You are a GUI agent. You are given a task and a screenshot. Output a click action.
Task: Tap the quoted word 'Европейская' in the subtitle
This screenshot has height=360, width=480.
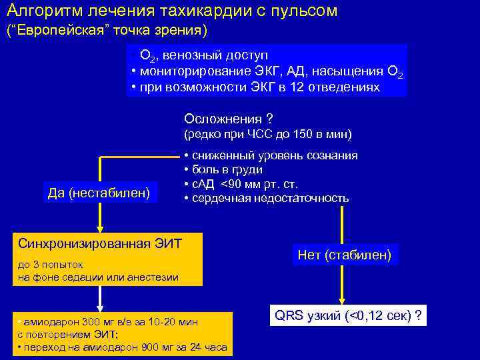pos(60,31)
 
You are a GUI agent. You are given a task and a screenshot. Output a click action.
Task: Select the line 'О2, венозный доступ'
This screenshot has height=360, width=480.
pos(203,55)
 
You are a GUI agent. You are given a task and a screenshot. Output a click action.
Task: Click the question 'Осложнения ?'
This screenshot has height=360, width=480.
pos(229,119)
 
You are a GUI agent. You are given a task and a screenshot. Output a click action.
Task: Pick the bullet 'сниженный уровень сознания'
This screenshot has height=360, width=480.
pos(274,155)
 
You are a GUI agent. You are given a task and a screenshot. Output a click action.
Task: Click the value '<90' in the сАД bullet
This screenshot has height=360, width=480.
pos(232,184)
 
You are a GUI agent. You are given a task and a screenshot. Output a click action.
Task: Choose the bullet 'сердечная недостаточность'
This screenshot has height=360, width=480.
pos(270,198)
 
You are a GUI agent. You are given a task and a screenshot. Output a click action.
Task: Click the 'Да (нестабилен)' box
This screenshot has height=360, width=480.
pos(99,193)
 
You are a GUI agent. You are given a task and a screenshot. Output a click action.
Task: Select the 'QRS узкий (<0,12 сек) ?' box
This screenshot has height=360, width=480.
pos(347,315)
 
